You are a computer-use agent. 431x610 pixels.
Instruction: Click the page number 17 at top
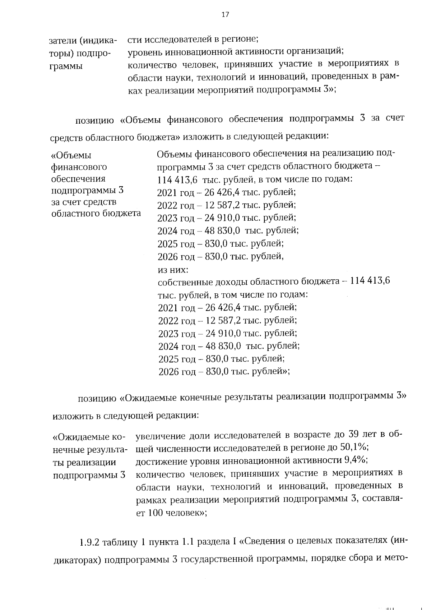[x=225, y=15]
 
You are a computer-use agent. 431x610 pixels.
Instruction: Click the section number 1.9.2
[x=89, y=542]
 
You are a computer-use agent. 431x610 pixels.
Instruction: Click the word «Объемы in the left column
[x=71, y=155]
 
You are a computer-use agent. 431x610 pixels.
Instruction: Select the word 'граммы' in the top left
[x=65, y=66]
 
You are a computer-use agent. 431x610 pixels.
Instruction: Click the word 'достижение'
[x=159, y=460]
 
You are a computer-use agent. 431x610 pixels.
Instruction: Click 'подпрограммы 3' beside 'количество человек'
[x=89, y=475]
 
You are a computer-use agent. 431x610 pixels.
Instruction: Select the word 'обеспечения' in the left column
[x=78, y=179]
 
